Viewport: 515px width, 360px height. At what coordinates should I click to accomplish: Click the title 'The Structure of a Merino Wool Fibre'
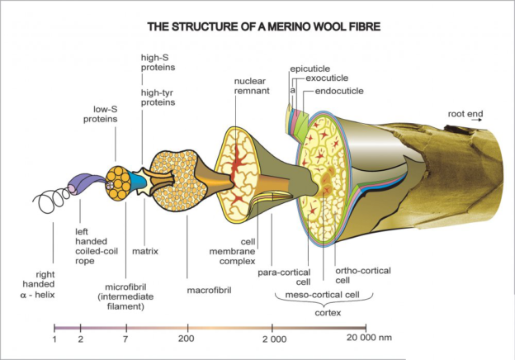pos(263,27)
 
